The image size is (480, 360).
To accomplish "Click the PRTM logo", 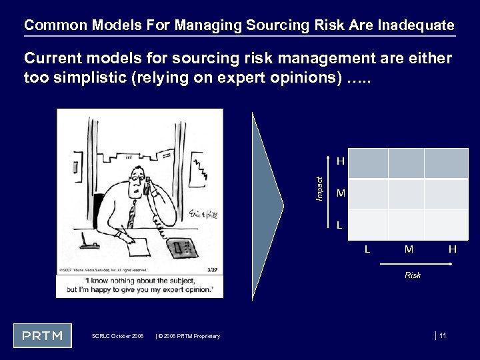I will click(41, 335).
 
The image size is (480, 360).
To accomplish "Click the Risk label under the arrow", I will click(413, 275).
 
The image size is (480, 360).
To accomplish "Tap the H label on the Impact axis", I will click(340, 161).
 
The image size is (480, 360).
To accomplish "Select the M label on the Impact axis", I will click(340, 194).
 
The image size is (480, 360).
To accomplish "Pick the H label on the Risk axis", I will click(452, 249).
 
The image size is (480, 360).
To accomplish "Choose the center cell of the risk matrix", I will click(406, 194).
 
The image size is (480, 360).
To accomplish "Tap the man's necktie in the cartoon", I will click(131, 213).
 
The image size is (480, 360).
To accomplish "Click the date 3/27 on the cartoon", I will click(213, 270).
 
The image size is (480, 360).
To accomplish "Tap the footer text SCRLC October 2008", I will click(117, 336).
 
